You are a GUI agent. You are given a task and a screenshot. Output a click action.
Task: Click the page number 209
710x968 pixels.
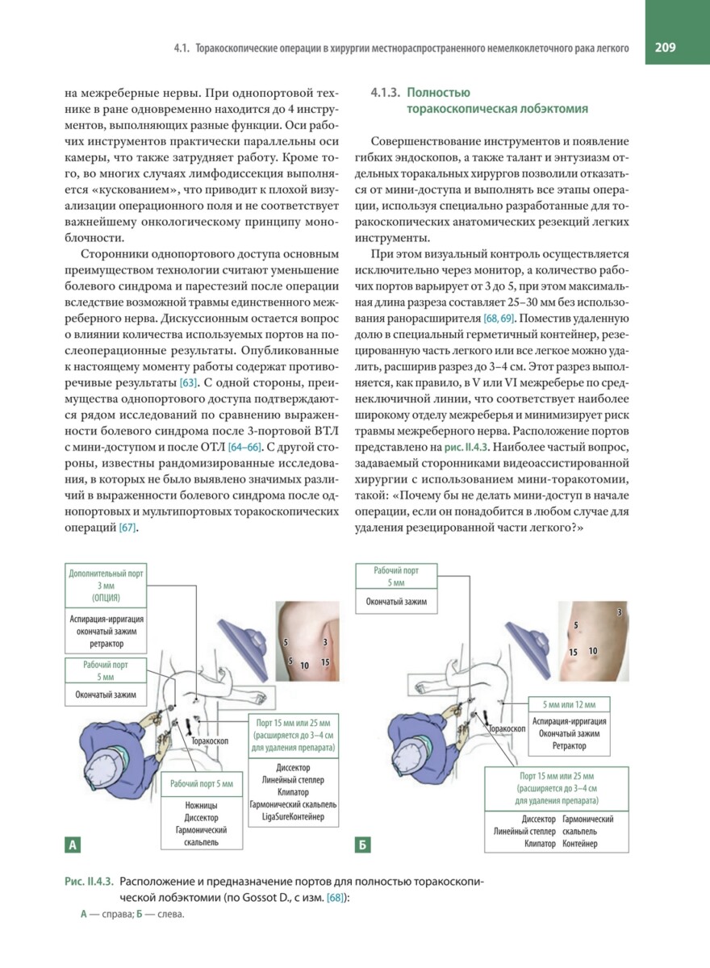666,48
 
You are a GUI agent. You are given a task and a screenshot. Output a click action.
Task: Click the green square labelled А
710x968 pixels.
73,845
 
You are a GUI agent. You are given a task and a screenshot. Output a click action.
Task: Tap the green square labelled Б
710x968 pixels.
363,845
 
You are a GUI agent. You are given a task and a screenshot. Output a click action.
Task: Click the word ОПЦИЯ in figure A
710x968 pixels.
106,598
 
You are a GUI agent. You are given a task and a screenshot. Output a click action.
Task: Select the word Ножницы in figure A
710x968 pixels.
201,804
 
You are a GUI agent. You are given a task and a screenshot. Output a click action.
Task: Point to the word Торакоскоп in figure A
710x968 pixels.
210,739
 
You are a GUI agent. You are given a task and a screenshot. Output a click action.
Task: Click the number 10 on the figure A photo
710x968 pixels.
304,665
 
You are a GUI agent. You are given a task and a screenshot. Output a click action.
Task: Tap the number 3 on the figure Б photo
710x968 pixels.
619,613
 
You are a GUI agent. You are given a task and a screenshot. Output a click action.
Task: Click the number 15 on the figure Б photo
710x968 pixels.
573,652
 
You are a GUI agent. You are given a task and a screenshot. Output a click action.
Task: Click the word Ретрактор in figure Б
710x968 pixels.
570,746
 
